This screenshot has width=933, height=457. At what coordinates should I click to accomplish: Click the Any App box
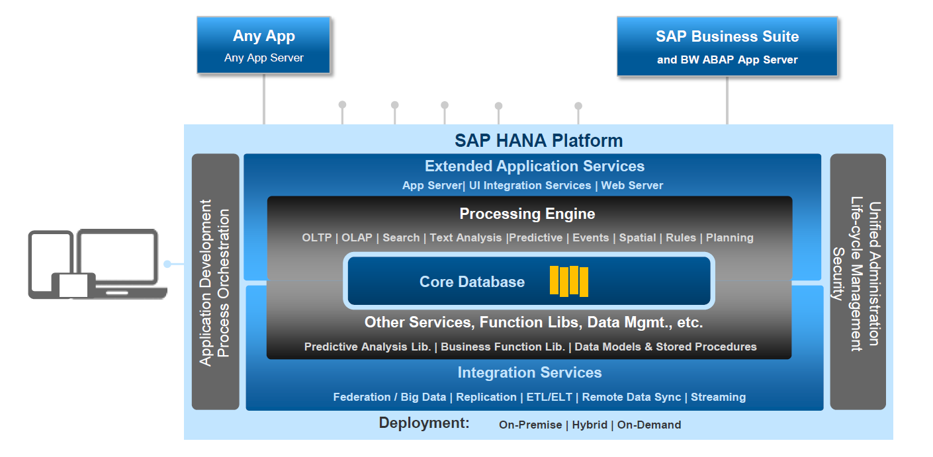coord(263,45)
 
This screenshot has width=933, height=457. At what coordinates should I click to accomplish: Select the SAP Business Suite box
coord(727,46)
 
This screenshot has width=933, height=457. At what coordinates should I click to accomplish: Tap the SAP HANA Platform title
coord(539,141)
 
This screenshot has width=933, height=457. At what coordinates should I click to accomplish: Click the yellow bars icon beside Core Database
coord(569,281)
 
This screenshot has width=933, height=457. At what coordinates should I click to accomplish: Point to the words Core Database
coord(472,282)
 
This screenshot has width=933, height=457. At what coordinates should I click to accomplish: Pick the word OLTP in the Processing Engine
coord(317,237)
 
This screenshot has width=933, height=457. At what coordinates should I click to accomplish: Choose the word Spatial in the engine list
coord(637,237)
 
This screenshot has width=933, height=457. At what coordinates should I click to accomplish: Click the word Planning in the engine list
coord(729,237)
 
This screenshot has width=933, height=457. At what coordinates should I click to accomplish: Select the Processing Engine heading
coord(527,214)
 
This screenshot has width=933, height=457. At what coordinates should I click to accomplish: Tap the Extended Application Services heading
coord(535,166)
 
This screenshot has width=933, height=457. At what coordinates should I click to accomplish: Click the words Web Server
coord(632,185)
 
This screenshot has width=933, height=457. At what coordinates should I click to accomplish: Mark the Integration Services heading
coord(529,372)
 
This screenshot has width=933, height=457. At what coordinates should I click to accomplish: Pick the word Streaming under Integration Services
coord(718,397)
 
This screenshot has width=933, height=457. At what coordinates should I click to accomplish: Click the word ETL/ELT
coord(549,397)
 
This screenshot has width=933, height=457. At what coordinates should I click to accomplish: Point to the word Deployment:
coord(424,423)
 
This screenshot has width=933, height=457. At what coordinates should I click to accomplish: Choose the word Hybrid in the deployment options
coord(590,425)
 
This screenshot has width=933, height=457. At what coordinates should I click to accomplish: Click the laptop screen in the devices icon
coord(118,255)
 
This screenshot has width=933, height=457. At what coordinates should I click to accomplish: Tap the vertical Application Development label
coord(205,283)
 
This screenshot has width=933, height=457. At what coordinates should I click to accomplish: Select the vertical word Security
coord(838,274)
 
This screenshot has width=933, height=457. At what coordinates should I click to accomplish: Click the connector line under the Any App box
coord(263,99)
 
